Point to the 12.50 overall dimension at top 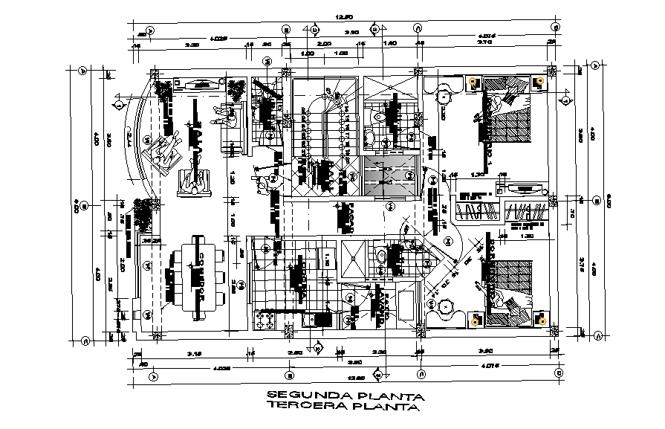pyautogui.click(x=343, y=16)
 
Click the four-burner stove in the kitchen pyautogui.click(x=265, y=319)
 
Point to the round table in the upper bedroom pyautogui.click(x=443, y=95)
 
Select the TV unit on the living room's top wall pyautogui.click(x=199, y=86)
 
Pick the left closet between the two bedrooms pyautogui.click(x=478, y=211)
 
